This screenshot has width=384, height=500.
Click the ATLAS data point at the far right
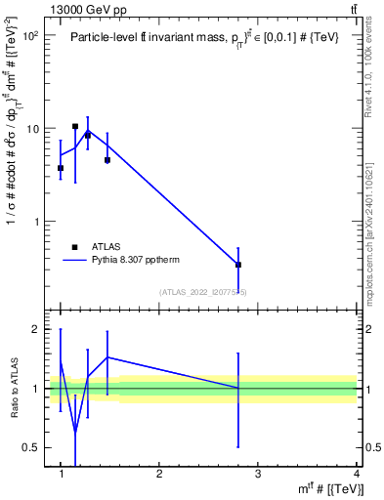(238, 265)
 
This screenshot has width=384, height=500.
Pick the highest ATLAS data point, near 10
(75, 126)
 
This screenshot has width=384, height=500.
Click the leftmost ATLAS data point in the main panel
(61, 168)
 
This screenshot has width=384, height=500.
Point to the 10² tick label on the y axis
(29, 35)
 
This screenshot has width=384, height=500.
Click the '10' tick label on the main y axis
(32, 129)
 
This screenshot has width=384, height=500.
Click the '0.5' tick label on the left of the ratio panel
(30, 447)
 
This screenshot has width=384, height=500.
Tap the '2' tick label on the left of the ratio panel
(35, 329)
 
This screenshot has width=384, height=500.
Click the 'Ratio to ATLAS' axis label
(14, 389)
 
